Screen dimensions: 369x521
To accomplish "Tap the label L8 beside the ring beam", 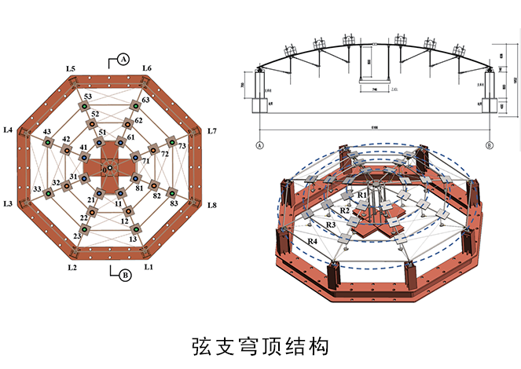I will click(211, 205).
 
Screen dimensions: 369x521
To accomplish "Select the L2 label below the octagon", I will click(72, 268).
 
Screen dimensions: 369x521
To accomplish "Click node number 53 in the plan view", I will click(88, 97).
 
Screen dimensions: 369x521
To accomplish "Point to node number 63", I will click(145, 100).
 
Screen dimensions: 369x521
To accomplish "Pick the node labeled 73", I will click(182, 146).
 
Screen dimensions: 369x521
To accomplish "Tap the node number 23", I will click(76, 236).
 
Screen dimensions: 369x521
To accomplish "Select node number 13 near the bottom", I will click(133, 239).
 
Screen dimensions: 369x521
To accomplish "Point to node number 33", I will click(36, 189).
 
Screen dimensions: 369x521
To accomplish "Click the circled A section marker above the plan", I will click(123, 58).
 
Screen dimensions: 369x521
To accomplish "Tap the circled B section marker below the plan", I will click(123, 274).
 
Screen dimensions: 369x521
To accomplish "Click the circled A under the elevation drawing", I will click(260, 145).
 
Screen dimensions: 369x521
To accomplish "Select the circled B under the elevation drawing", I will click(490, 145).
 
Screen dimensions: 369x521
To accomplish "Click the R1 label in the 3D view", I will click(362, 194).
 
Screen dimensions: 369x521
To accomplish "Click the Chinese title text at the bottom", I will click(259, 345).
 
